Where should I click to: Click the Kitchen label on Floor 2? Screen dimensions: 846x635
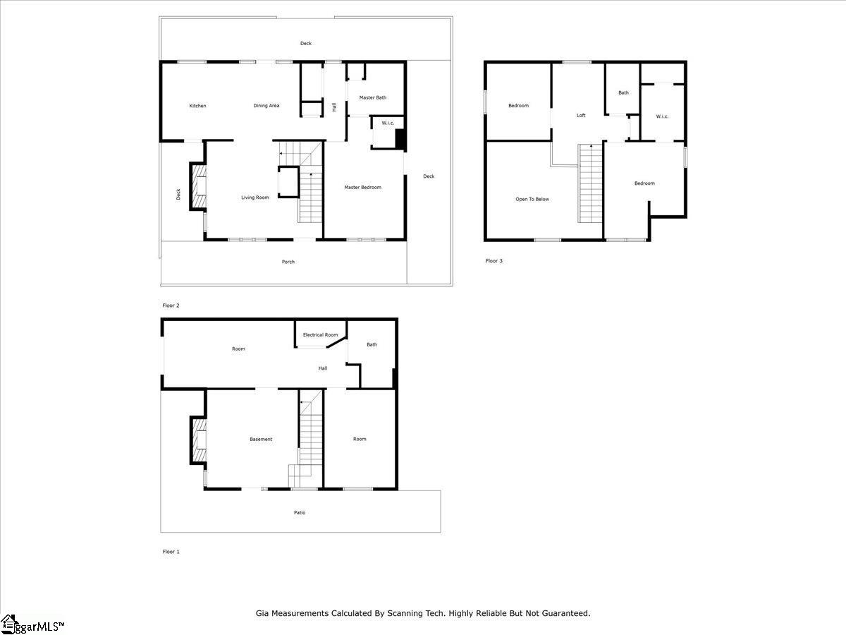197,106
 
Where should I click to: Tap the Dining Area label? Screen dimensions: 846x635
266,106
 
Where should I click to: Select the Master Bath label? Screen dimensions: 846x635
373,97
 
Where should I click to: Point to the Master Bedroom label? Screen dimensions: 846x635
362,188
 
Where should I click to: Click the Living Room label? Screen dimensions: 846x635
255,198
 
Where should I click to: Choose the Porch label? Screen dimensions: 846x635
288,262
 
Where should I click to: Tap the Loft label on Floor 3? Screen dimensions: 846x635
581,115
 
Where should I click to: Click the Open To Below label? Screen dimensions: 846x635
532,200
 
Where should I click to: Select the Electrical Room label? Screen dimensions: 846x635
320,334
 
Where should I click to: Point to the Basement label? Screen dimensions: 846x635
261,439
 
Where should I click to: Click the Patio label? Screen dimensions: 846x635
300,512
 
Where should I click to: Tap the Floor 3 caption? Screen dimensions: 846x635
493,261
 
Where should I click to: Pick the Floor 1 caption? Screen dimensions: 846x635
171,552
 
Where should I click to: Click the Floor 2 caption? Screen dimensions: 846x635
171,306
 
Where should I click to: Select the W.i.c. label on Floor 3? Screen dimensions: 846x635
662,116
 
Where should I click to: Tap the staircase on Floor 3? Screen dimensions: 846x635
590,183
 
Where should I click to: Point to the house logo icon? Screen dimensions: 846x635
8,624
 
